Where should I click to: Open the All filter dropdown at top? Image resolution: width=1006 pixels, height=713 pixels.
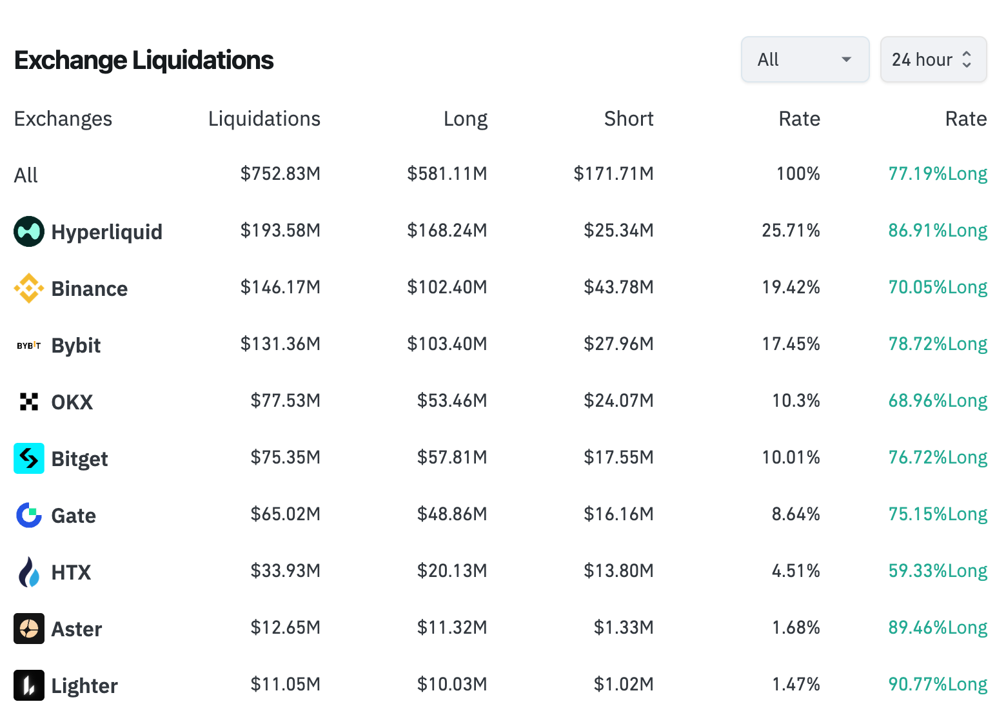805,59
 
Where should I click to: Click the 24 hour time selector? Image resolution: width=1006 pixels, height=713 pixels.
932,59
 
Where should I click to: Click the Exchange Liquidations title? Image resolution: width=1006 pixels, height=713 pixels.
144,61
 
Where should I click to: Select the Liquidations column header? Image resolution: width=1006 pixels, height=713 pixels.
264,119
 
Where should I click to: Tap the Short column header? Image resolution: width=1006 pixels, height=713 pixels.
628,119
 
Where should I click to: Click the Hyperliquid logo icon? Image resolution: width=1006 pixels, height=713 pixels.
29,231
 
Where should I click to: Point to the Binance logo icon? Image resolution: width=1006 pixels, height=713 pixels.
29,288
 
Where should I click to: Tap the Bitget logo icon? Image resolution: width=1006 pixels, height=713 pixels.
29,458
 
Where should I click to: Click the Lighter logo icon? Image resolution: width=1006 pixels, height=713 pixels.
29,685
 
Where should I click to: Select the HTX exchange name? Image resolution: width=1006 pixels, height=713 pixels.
71,572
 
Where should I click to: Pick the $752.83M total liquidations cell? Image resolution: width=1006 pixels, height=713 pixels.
280,174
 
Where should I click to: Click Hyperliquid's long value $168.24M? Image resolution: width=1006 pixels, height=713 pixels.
446,231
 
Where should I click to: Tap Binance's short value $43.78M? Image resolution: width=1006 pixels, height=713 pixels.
618,288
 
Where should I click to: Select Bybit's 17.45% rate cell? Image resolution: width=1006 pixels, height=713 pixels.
791,344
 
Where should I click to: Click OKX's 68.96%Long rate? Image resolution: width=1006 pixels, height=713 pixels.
938,401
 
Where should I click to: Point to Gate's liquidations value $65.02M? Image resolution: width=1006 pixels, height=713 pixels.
285,514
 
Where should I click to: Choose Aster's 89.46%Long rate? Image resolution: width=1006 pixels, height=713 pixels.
938,628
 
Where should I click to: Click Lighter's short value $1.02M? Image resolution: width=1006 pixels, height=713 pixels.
623,685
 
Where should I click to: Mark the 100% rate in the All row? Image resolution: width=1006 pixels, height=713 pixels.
798,174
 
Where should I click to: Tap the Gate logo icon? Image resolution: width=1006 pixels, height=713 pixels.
29,515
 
